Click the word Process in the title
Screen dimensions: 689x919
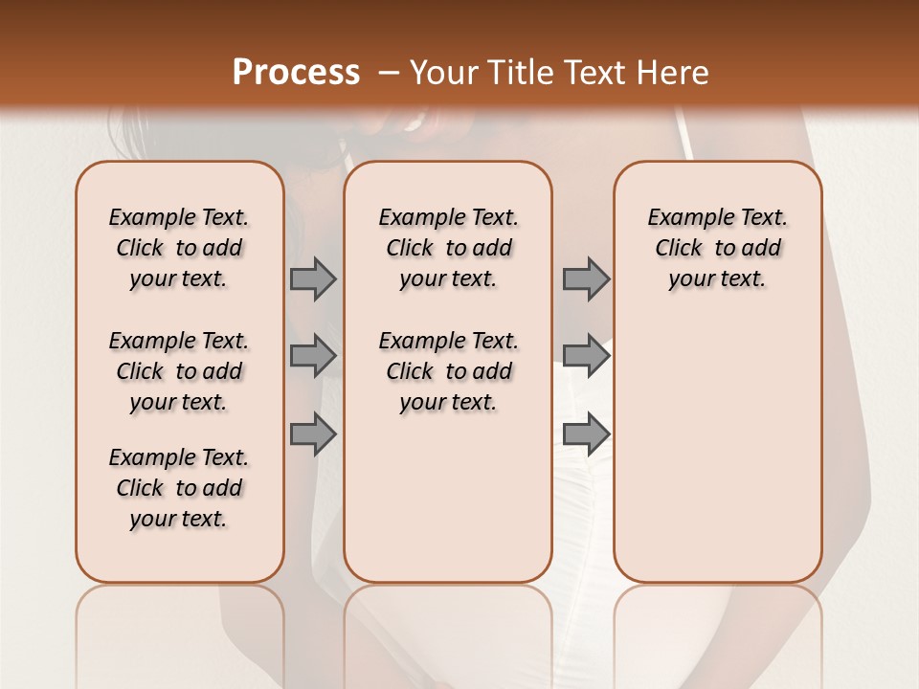[x=296, y=73]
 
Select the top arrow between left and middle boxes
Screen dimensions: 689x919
[x=313, y=279]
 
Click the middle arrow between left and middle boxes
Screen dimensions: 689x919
[x=313, y=356]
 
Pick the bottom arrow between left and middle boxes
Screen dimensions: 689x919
[x=313, y=433]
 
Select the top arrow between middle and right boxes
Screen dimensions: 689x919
[x=586, y=279]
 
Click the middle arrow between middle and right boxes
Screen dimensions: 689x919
[x=586, y=356]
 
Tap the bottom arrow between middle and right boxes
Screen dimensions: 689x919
[x=586, y=433]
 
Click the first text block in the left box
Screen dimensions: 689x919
[x=179, y=248]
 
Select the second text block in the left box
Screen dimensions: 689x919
[x=179, y=371]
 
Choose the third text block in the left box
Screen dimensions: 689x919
[x=179, y=488]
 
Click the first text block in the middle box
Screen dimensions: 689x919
[x=448, y=248]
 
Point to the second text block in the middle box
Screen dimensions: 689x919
[x=448, y=371]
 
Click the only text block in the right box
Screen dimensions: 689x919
[x=718, y=248]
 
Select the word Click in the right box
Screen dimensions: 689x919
[x=679, y=249]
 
